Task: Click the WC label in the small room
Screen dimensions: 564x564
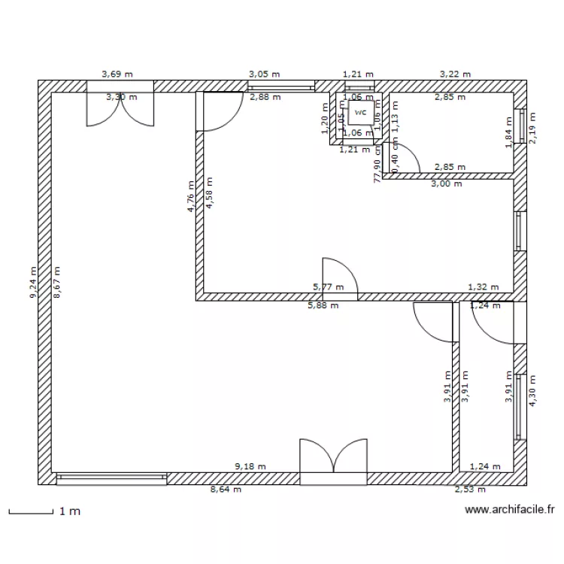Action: pos(361,113)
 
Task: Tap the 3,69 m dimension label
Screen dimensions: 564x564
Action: pos(117,74)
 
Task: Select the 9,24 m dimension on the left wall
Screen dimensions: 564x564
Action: pos(32,283)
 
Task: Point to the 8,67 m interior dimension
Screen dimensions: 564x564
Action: pos(56,283)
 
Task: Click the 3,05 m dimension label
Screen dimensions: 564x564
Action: pos(264,74)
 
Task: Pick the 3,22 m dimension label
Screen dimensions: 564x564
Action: pos(455,74)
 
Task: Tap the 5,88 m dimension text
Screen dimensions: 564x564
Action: pos(323,305)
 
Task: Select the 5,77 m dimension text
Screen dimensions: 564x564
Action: pos(328,287)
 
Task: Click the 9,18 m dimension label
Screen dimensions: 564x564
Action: pos(250,466)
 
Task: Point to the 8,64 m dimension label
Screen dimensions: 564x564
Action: pos(226,490)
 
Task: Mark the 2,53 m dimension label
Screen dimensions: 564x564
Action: pos(470,490)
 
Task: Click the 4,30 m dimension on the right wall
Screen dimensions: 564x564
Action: pos(533,391)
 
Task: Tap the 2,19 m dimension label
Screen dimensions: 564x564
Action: pos(533,128)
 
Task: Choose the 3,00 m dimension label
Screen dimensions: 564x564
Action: pos(447,183)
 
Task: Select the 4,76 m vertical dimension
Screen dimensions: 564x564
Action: pos(191,196)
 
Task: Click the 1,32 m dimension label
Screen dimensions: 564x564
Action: pos(483,287)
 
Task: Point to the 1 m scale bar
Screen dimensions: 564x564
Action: pos(30,514)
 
